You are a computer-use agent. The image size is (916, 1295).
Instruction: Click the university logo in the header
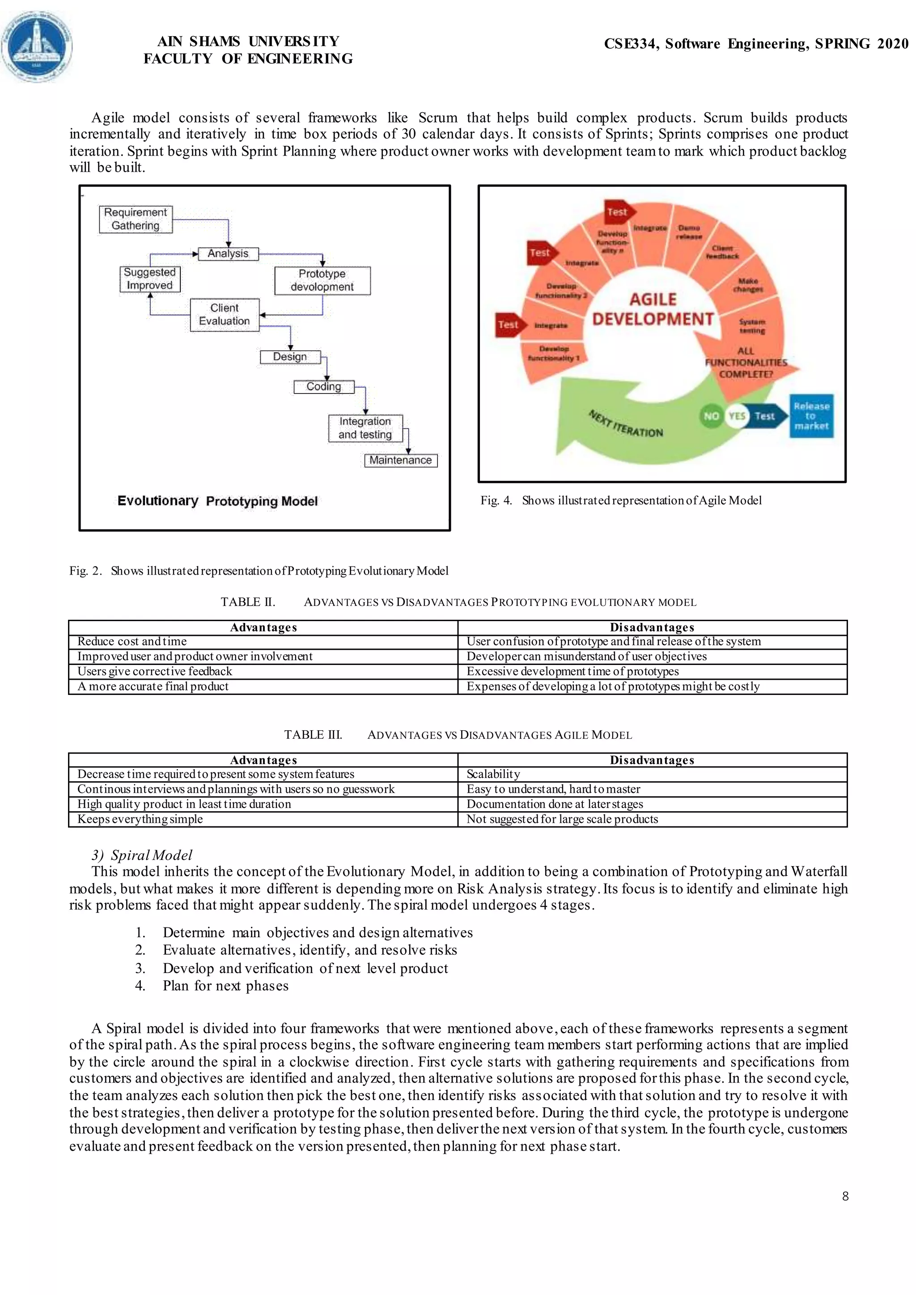(x=37, y=46)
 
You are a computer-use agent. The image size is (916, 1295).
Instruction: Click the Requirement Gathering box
(x=136, y=219)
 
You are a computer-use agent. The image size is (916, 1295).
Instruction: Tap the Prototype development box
(x=322, y=280)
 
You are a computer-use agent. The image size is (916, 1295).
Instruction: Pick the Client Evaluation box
(x=225, y=315)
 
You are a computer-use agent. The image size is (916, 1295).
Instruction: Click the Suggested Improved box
(x=149, y=279)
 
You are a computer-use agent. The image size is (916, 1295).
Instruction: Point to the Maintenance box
(x=400, y=460)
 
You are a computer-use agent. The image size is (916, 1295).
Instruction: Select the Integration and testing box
(x=365, y=428)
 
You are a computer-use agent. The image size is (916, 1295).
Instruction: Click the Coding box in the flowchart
(x=324, y=386)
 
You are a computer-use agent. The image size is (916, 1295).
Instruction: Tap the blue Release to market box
(x=811, y=416)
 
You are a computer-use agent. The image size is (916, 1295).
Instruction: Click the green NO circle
(x=711, y=416)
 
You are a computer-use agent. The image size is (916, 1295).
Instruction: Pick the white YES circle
(x=737, y=416)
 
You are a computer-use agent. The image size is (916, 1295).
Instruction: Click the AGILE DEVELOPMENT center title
(x=653, y=309)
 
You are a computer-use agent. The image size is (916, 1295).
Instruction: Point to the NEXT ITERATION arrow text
(x=626, y=423)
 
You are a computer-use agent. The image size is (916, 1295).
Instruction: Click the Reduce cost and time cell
(x=132, y=641)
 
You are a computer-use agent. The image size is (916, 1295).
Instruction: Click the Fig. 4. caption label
(x=496, y=500)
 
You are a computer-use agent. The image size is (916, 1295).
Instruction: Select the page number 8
(x=845, y=1196)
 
